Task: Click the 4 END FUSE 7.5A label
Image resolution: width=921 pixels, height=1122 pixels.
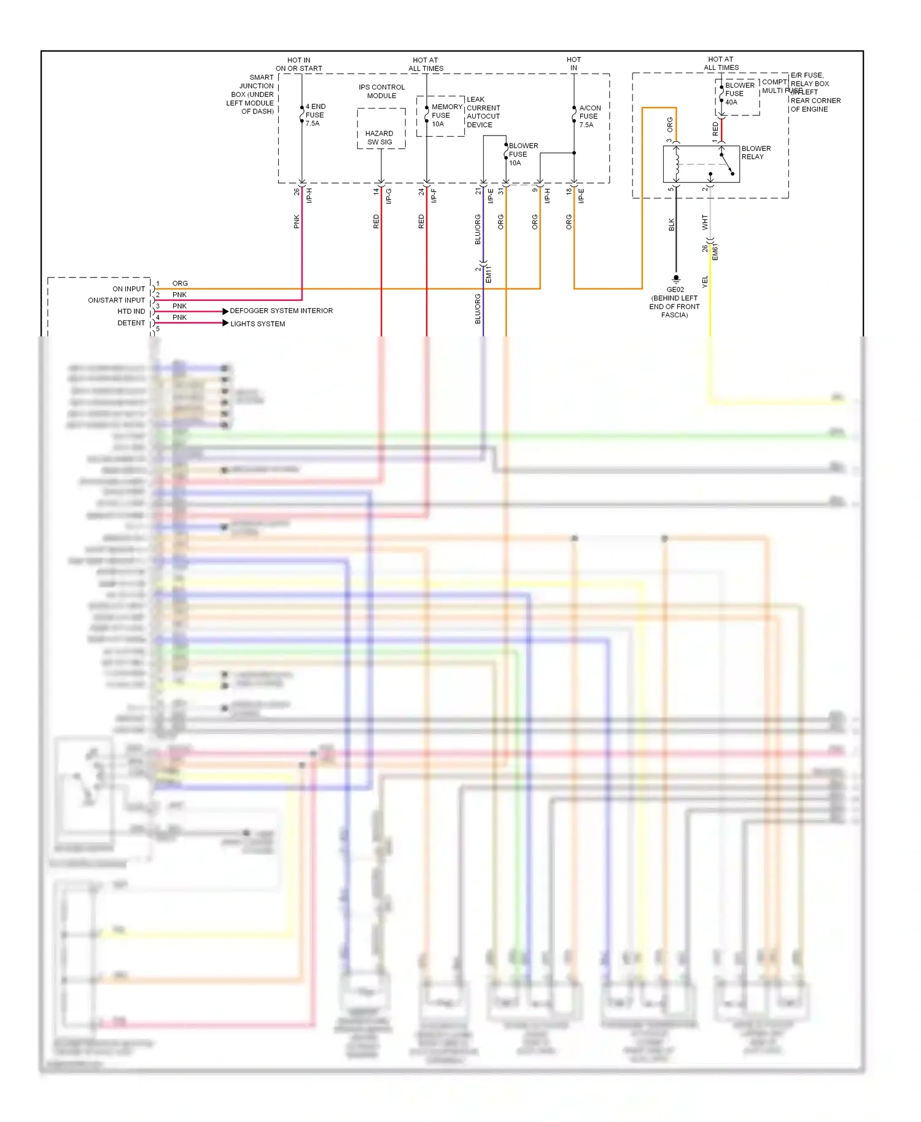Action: click(x=316, y=115)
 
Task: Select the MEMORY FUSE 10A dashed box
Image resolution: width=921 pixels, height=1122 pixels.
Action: click(x=440, y=116)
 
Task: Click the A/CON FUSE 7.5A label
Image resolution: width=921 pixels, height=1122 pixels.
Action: click(x=589, y=116)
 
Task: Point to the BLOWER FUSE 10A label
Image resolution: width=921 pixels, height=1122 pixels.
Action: click(x=523, y=154)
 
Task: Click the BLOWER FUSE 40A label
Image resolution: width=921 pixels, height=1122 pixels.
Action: click(x=739, y=94)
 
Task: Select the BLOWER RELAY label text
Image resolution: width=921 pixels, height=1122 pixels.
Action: click(x=756, y=153)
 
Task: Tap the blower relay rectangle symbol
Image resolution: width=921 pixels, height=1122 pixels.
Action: click(x=701, y=164)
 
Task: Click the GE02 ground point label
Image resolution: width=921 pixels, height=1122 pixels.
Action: click(x=675, y=290)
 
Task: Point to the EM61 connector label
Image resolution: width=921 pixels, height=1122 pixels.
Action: click(x=715, y=252)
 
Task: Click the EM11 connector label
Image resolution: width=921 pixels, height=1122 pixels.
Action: click(x=489, y=274)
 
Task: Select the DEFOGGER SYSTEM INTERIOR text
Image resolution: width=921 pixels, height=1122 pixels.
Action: click(x=281, y=311)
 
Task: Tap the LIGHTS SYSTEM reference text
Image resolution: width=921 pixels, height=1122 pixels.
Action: click(x=257, y=324)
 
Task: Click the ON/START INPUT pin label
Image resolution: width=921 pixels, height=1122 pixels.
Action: click(x=116, y=300)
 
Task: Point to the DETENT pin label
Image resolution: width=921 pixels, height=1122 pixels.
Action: click(x=131, y=323)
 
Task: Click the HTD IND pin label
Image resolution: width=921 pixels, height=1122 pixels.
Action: click(x=131, y=311)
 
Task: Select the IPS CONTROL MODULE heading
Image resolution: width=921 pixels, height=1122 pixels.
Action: click(x=381, y=91)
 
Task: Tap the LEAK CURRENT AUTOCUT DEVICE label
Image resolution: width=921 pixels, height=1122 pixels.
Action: click(x=483, y=112)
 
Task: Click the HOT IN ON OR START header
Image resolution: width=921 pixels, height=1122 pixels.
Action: click(x=298, y=64)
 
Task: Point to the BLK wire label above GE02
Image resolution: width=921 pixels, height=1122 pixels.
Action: click(x=672, y=225)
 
